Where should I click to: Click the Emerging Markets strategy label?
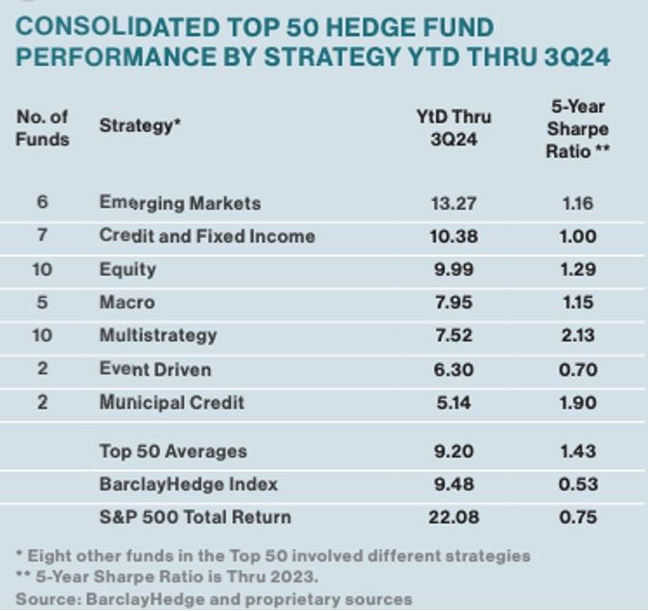(x=179, y=203)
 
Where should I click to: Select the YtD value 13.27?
(x=453, y=203)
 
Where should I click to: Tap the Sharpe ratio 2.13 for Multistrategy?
(x=578, y=335)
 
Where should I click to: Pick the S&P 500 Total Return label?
(x=195, y=517)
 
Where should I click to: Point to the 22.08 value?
(x=453, y=517)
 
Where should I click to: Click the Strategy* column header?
(x=140, y=125)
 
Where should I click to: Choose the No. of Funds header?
(x=43, y=126)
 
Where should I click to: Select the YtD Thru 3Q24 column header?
(x=453, y=127)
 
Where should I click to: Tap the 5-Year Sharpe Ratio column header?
(x=578, y=128)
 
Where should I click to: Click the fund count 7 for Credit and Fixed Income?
(x=42, y=236)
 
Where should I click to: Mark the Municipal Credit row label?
(x=172, y=402)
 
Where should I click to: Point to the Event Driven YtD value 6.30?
(x=453, y=369)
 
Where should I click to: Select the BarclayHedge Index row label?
(x=188, y=484)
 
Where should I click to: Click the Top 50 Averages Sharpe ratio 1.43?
(x=578, y=451)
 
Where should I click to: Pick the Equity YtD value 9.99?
(x=453, y=269)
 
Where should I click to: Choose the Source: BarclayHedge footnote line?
(x=214, y=600)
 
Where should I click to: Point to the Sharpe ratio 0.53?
(x=578, y=484)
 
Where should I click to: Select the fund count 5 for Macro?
(x=42, y=303)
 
